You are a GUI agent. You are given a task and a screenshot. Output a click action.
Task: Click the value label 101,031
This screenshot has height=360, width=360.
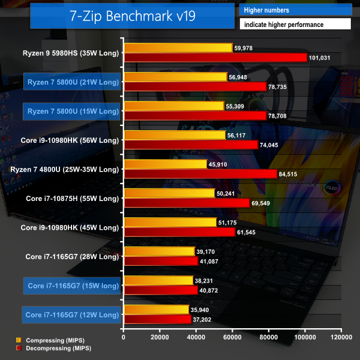pos(322,58)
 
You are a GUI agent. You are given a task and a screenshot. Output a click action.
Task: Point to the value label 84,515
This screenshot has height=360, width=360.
pos(292,174)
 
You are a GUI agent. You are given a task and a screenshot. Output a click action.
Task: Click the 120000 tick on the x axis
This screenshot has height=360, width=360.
pos(340,337)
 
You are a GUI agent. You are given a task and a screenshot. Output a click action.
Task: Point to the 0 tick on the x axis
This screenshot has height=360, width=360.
pos(124,337)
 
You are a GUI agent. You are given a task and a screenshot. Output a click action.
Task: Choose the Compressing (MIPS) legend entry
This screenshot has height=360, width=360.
pos(50,340)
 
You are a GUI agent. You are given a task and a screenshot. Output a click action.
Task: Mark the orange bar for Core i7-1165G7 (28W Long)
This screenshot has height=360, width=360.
pos(159,251)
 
